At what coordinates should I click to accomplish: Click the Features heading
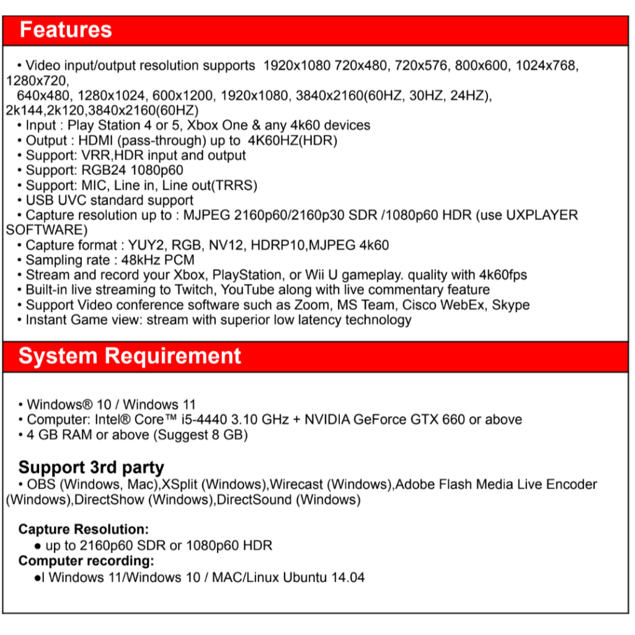pyautogui.click(x=66, y=30)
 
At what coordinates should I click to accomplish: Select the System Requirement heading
pyautogui.click(x=130, y=356)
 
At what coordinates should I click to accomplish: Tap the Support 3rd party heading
pyautogui.click(x=91, y=467)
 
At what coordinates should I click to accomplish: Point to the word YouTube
pyautogui.click(x=248, y=290)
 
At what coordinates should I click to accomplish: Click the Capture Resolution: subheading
pyautogui.click(x=84, y=530)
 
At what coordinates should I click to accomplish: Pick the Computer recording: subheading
pyautogui.click(x=86, y=561)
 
